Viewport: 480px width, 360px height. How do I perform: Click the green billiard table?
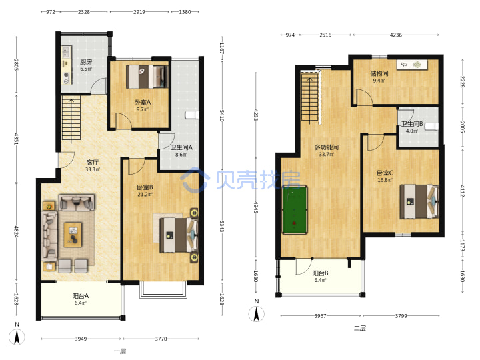pos(295,210)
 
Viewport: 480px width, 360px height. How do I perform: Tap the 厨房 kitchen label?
pos(86,61)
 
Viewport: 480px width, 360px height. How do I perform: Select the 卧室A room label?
pos(143,102)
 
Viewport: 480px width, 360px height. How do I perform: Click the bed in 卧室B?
pos(179,235)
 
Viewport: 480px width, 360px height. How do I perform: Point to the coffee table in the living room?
pos(73,235)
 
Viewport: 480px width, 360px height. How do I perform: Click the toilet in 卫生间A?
pos(192,115)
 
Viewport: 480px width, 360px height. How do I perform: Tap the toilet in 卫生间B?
pos(431,127)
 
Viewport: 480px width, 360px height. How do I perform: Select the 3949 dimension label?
pos(81,339)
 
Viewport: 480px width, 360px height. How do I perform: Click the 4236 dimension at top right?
pos(395,35)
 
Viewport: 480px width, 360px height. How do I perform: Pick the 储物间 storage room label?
pos(379,73)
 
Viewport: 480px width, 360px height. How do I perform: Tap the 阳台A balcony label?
pos(81,296)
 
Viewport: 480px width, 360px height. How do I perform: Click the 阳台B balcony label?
pos(320,273)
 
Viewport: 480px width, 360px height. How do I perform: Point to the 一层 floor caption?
pos(120,351)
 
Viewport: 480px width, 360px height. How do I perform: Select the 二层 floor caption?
pos(360,328)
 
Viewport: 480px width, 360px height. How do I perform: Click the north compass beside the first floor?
pos(17,337)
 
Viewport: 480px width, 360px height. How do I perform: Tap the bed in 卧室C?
pos(419,201)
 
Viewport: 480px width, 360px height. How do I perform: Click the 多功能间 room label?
pos(327,147)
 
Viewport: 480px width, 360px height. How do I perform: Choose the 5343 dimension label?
pos(222,226)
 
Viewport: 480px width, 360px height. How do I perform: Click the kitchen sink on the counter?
pos(66,52)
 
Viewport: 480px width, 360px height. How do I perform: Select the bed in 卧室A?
pos(147,77)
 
